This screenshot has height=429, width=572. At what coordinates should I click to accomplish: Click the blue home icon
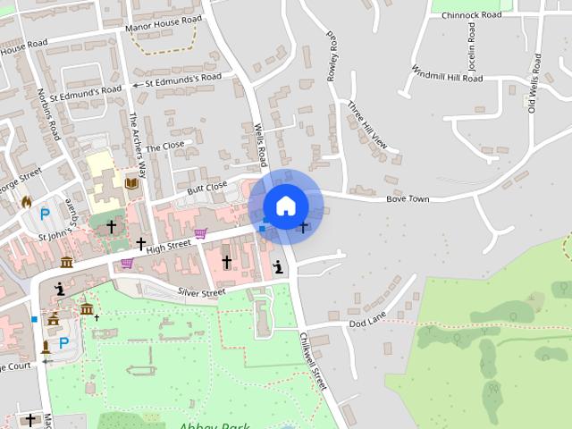click(x=285, y=206)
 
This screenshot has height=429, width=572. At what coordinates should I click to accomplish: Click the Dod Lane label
click(x=367, y=321)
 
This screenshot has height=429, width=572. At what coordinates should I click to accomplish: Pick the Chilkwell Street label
click(x=315, y=361)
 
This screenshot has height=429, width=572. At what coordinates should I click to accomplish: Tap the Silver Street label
click(x=201, y=292)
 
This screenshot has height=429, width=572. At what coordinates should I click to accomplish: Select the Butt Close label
click(x=207, y=188)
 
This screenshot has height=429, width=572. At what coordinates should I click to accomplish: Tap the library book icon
click(x=132, y=183)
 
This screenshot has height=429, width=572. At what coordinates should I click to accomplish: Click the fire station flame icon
click(x=27, y=202)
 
